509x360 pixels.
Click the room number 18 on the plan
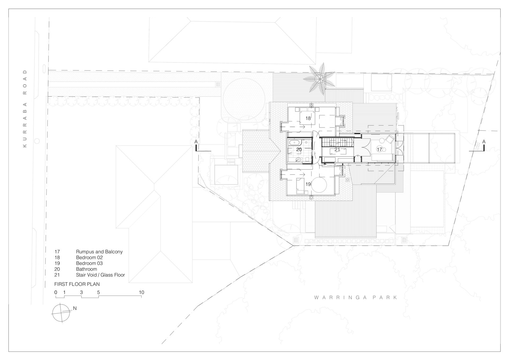pyautogui.click(x=308, y=118)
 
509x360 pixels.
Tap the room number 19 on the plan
pyautogui.click(x=308, y=184)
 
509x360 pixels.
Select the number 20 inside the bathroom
pyautogui.click(x=299, y=150)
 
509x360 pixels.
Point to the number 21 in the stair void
pyautogui.click(x=337, y=150)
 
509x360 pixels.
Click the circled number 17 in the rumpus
pyautogui.click(x=380, y=149)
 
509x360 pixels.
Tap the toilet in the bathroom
pyautogui.click(x=307, y=159)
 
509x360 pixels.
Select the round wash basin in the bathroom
pyautogui.click(x=298, y=160)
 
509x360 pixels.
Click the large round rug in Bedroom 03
pyautogui.click(x=319, y=185)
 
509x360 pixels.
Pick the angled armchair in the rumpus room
pyautogui.click(x=390, y=139)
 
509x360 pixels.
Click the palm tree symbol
pyautogui.click(x=320, y=79)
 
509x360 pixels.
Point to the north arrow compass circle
pyautogui.click(x=61, y=313)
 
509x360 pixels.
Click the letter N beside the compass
pyautogui.click(x=75, y=308)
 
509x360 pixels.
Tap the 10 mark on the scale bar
pyautogui.click(x=142, y=292)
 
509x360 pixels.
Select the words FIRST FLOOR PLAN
pyautogui.click(x=77, y=284)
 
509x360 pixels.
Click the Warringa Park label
pyautogui.click(x=356, y=298)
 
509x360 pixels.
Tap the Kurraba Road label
pyautogui.click(x=25, y=109)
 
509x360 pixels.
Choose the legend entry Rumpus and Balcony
pyautogui.click(x=99, y=252)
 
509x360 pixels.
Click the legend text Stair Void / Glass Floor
pyautogui.click(x=100, y=275)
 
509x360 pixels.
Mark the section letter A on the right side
pyautogui.click(x=484, y=142)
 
